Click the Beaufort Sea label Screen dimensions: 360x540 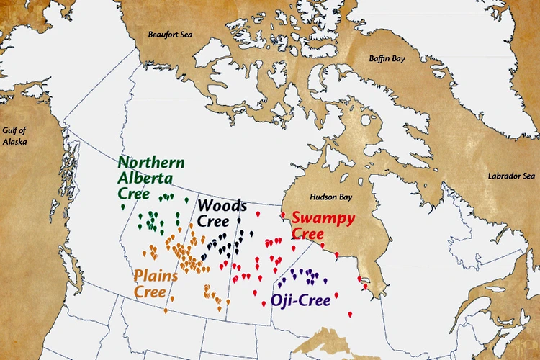pyautogui.click(x=170, y=34)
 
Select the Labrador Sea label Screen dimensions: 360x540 pyautogui.click(x=512, y=176)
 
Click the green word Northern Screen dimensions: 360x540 pyautogui.click(x=151, y=163)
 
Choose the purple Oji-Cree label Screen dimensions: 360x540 pyautogui.click(x=300, y=300)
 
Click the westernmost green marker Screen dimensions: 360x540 pyautogui.click(x=122, y=207)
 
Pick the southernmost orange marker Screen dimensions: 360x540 pyautogui.click(x=166, y=310)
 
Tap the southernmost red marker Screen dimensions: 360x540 pyautogui.click(x=350, y=315)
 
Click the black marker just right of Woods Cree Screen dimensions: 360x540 pyautogui.click(x=239, y=219)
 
